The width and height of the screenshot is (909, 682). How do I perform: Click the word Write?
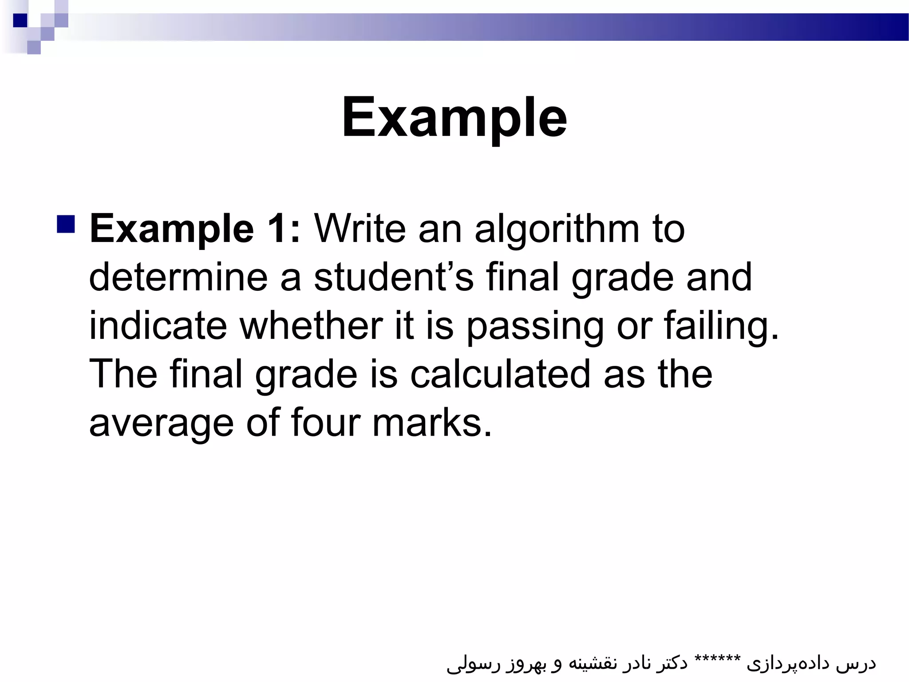[x=360, y=229]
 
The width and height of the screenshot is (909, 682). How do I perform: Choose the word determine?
[x=178, y=277]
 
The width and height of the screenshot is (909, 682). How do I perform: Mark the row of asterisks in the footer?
[x=717, y=658]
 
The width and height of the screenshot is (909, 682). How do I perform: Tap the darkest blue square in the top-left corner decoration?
[x=20, y=20]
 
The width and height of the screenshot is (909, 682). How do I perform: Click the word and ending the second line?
[x=719, y=277]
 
